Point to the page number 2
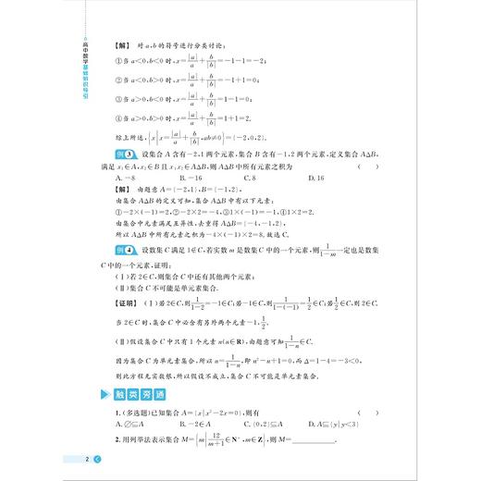[85, 459]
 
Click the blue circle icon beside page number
[96, 459]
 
